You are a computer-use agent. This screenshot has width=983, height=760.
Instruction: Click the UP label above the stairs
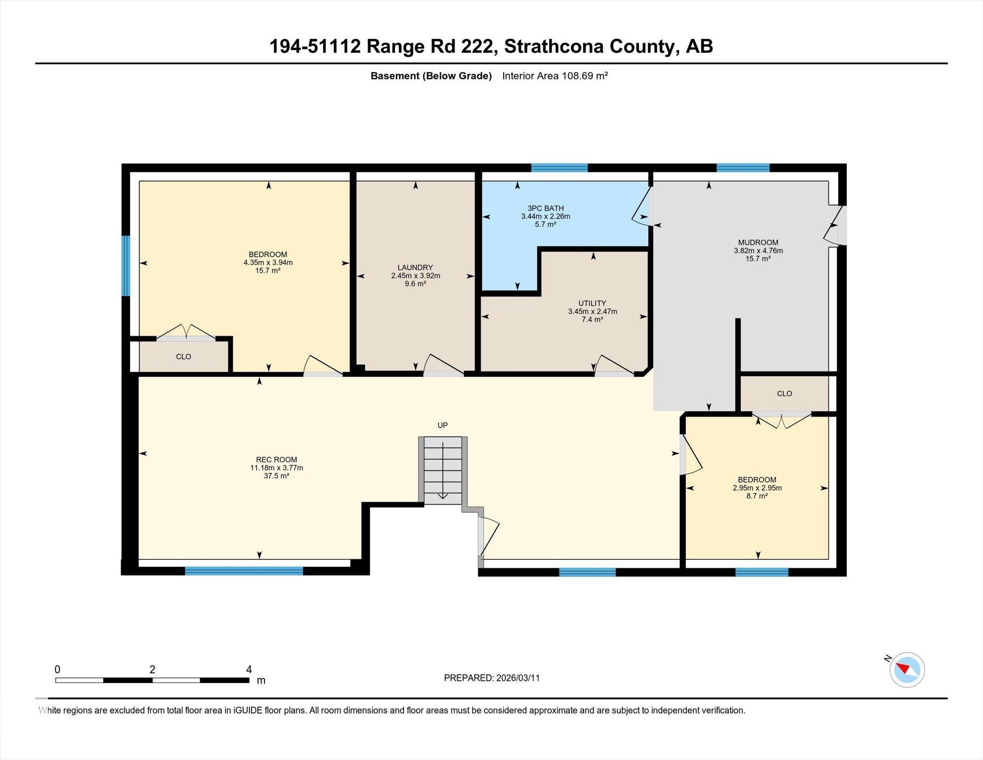[x=442, y=425]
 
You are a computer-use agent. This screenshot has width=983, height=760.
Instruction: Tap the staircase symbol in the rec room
[x=443, y=470]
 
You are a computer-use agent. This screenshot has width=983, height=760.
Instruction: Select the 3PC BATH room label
[x=545, y=208]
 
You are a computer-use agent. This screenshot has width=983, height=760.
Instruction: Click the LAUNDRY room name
[x=415, y=267]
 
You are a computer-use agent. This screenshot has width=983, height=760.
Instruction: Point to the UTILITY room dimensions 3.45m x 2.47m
[x=592, y=312]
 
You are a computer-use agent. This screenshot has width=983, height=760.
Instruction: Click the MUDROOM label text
[x=758, y=242]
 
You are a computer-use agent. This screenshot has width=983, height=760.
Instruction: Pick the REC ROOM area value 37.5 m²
[x=276, y=476]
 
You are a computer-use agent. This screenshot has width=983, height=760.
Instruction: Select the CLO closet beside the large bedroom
[x=183, y=357]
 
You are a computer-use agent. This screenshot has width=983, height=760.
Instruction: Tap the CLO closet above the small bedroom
[x=784, y=394]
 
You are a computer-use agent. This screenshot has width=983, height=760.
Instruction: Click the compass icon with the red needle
[x=907, y=670]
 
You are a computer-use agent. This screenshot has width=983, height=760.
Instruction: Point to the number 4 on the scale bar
[x=249, y=669]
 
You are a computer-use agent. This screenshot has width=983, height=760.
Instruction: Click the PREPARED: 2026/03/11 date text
[x=491, y=678]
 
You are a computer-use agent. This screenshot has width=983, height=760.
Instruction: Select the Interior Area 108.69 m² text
[x=555, y=76]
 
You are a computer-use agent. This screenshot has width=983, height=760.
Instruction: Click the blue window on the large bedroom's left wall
[x=126, y=265]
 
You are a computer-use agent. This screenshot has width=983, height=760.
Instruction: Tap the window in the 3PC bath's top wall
[x=559, y=168]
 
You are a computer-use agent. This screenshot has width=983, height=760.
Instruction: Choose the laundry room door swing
[x=443, y=365]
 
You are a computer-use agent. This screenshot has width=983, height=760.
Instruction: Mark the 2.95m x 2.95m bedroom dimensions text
[x=757, y=488]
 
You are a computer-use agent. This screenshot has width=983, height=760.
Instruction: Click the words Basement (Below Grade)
[x=431, y=76]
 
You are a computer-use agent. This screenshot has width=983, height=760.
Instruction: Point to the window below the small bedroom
[x=762, y=572]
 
